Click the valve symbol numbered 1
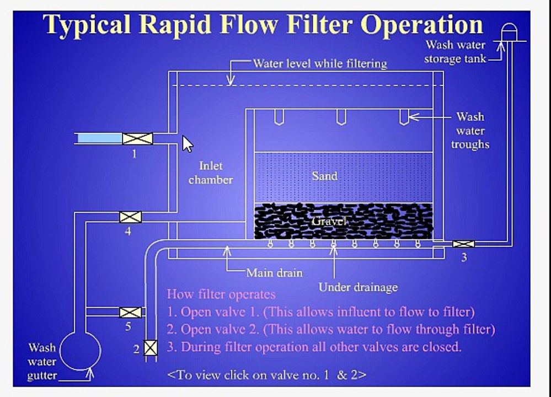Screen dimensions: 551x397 pos(137,138)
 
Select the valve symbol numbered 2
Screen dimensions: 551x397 pos(151,347)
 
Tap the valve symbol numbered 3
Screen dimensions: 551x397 pos(463,244)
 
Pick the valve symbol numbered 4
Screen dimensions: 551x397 pos(130,217)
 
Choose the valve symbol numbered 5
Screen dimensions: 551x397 pos(130,312)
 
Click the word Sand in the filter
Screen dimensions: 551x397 pos(325,176)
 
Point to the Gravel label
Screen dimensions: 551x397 pos(329,221)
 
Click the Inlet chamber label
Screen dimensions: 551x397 pos(211,173)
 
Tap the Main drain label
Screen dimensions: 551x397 pos(274,272)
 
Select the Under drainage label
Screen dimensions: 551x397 pos(358,287)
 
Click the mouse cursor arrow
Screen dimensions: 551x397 pos(187,144)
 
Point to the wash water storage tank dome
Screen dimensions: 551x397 pos(509,31)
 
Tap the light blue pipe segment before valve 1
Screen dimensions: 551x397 pos(99,138)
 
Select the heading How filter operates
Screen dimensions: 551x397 pos(221,294)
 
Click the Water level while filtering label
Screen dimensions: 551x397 pos(320,63)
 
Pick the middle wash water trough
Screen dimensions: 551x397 pos(341,117)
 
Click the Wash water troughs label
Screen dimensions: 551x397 pos(470,130)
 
